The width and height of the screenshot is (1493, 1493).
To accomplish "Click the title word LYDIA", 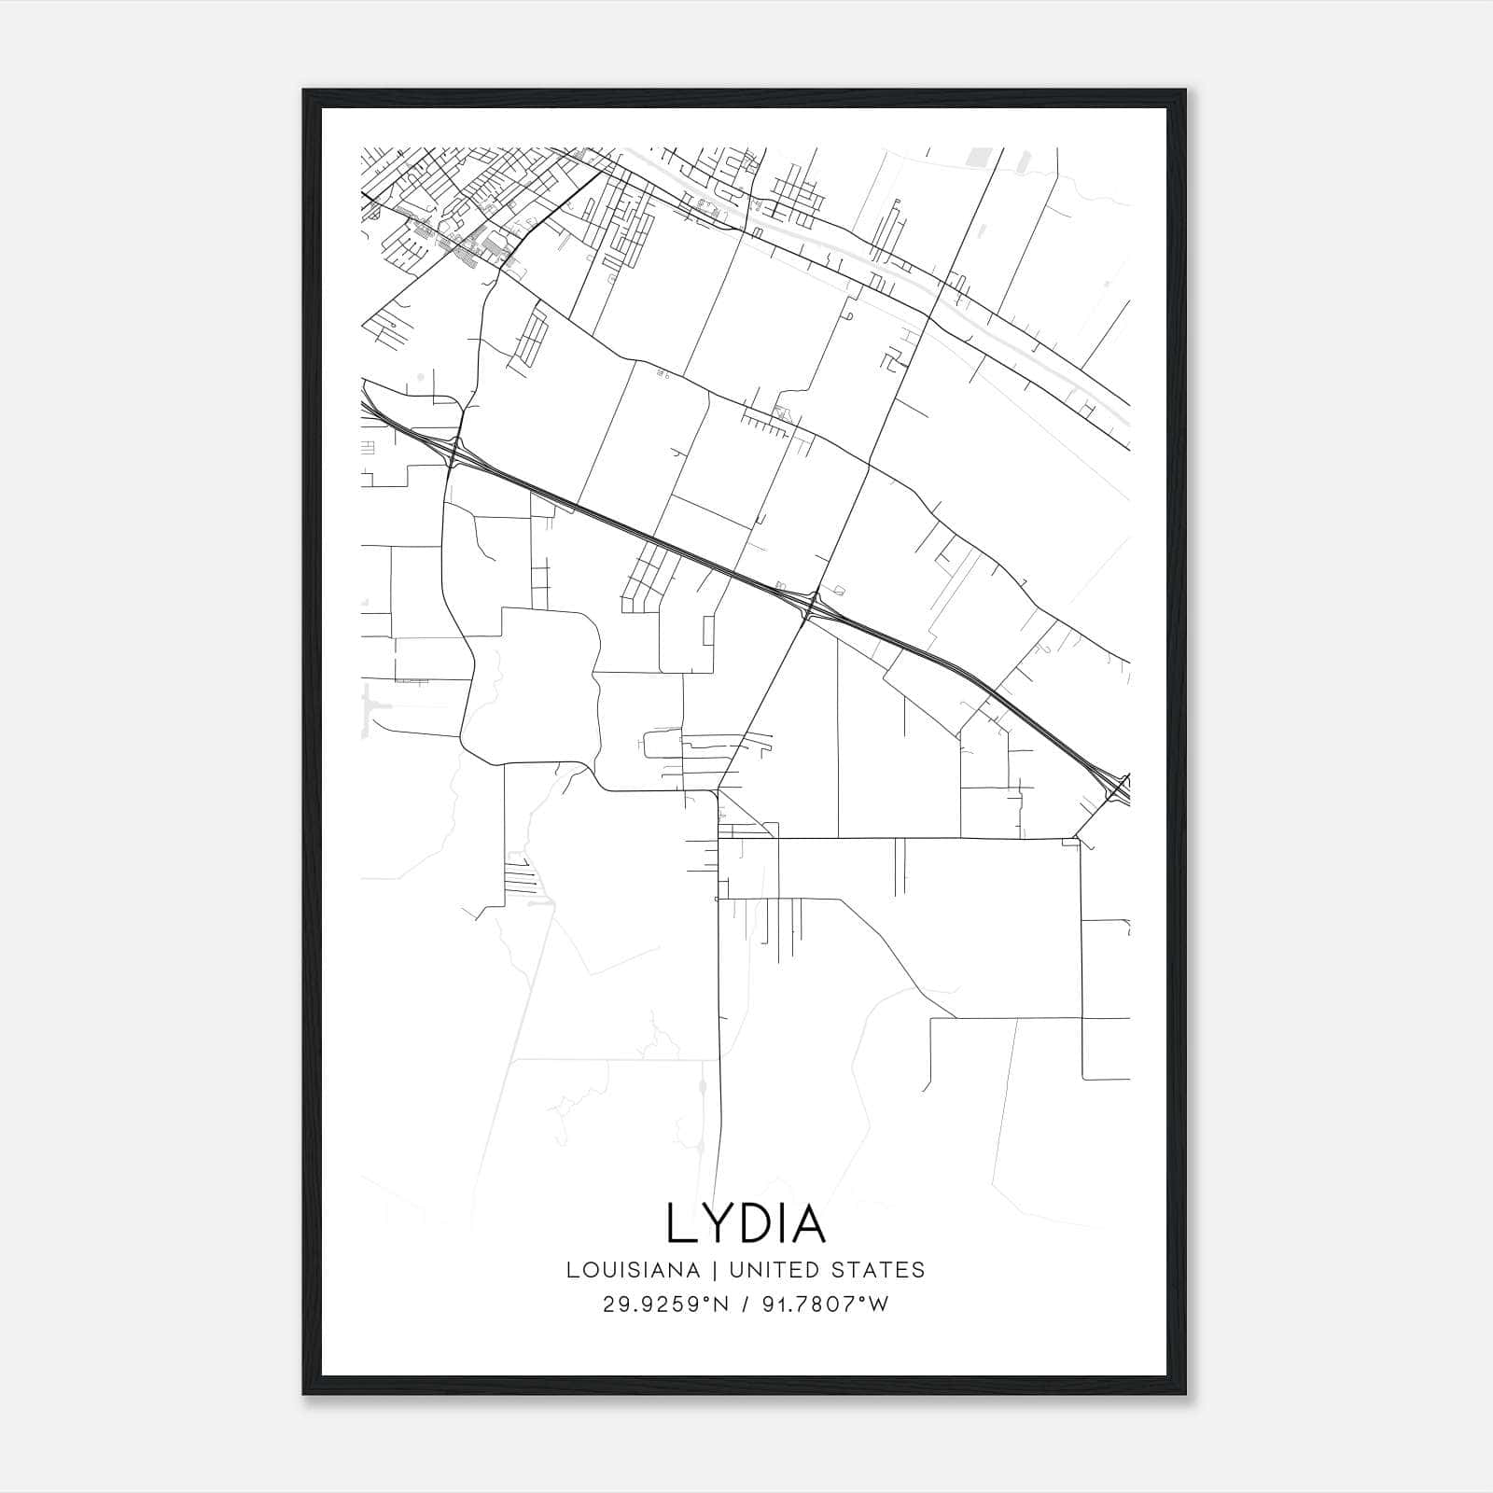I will coord(746,1223).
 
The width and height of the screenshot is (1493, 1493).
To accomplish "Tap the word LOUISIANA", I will coord(633,1270).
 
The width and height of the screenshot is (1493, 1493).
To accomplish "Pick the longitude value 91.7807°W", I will coord(826,1305).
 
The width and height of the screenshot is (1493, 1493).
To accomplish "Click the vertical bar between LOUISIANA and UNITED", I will coord(714,1270).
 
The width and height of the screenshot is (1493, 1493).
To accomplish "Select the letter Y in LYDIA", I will coord(716,1223).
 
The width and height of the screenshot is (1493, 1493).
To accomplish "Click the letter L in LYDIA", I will coord(681,1223).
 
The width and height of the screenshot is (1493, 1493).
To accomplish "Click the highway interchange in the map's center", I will coord(810,605).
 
